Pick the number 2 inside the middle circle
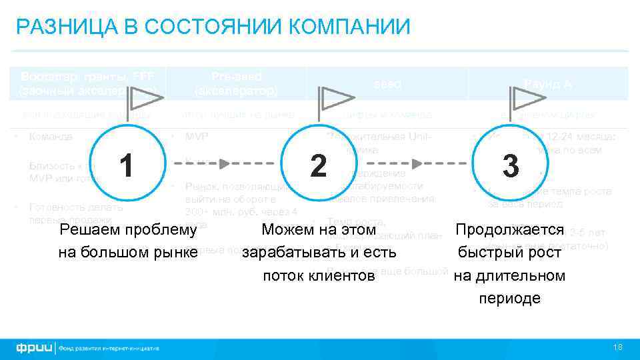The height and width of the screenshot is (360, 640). click(x=318, y=164)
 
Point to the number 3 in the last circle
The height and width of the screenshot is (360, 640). click(x=511, y=166)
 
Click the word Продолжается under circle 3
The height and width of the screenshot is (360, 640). click(x=510, y=231)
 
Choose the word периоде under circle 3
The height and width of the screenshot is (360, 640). click(x=510, y=297)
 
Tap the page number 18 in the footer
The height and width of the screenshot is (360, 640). click(x=617, y=347)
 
